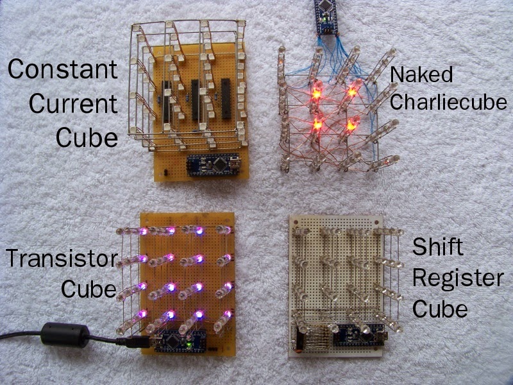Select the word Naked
tap(421, 74)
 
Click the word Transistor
tap(62, 259)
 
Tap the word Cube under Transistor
tap(88, 289)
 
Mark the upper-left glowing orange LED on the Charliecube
tap(315, 93)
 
